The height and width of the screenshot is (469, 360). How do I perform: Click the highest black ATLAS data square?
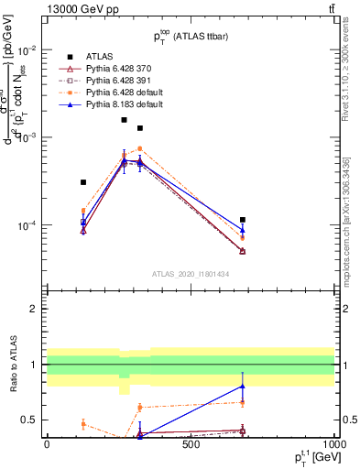coord(125,120)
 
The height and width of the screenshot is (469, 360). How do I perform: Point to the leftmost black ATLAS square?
coord(83,182)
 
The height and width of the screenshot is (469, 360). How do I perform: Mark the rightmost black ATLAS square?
coord(243,220)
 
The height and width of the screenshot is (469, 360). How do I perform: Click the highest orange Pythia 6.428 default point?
coord(140,148)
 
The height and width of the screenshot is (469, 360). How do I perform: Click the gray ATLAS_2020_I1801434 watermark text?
coord(190,273)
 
